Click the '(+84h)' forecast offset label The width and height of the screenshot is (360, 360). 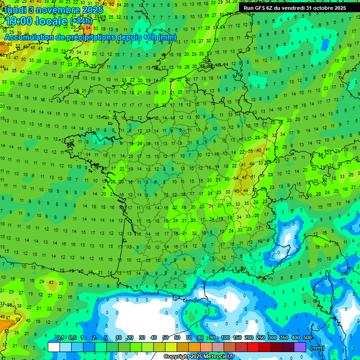pyautogui.click(x=81, y=21)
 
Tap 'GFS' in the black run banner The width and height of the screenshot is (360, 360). pyautogui.click(x=262, y=8)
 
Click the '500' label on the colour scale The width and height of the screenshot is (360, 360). pyautogui.click(x=307, y=337)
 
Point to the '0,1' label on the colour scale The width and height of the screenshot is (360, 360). pyautogui.click(x=60, y=337)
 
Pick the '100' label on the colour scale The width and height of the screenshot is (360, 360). pyautogui.click(x=225, y=337)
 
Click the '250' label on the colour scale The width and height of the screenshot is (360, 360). pyautogui.click(x=260, y=337)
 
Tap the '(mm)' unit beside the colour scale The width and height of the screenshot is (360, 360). pyautogui.click(x=317, y=348)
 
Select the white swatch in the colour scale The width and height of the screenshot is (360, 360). pyautogui.click(x=54, y=347)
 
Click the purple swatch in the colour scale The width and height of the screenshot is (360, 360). pyautogui.click(x=300, y=347)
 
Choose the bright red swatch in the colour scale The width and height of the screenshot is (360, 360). pyautogui.click(x=253, y=347)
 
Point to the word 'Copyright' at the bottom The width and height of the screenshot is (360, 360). pyautogui.click(x=177, y=357)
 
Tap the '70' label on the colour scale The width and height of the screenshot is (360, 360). pyautogui.click(x=189, y=337)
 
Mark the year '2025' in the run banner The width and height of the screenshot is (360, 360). pyautogui.click(x=339, y=8)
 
